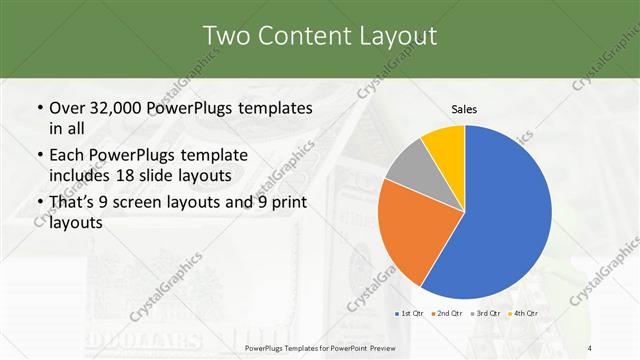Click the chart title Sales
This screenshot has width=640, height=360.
coord(464,109)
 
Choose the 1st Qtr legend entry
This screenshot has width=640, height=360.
coord(408,314)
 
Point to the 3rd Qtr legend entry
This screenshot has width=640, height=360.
coord(487,314)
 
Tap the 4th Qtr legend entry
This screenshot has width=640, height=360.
coord(524,314)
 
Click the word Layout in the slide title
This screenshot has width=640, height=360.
coord(397,37)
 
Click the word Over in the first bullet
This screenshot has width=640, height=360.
coord(66,108)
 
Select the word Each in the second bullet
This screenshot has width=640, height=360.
coord(67,156)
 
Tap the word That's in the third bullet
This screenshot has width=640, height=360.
coord(73,204)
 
